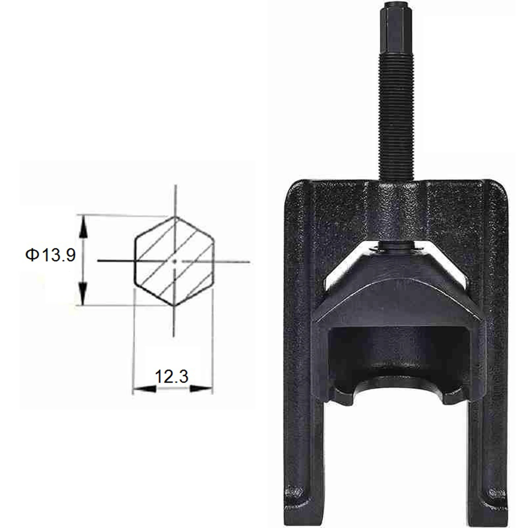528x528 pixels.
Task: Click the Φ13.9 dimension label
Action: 50,255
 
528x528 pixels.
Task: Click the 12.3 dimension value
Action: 172,377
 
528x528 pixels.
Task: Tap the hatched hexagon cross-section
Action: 174,261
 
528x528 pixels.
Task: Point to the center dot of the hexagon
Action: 175,261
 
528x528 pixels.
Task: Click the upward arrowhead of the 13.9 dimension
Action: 83,226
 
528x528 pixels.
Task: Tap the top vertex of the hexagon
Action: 175,217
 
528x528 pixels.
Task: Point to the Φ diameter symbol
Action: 32,255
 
